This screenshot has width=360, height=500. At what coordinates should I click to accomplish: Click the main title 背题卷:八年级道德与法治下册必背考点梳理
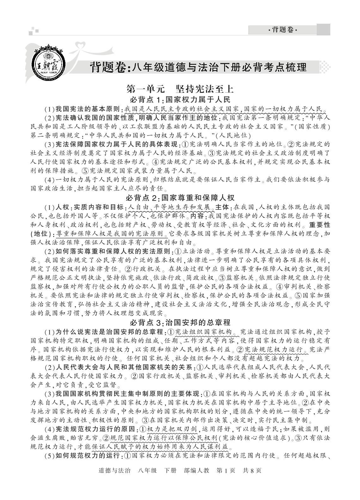coord(198,67)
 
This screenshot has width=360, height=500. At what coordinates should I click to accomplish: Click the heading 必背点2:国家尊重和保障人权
coord(180,198)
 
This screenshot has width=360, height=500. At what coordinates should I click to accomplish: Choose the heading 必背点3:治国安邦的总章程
coord(180,322)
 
